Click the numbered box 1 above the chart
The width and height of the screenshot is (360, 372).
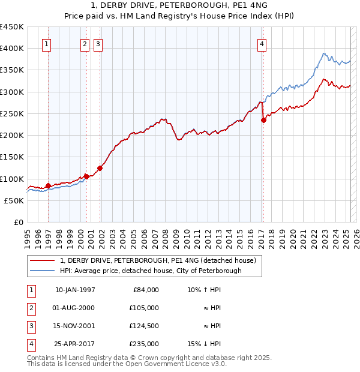(x=47, y=43)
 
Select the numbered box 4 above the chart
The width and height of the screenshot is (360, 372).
(x=262, y=43)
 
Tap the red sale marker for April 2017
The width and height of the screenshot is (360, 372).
(x=263, y=120)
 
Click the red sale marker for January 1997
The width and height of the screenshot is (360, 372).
(x=48, y=186)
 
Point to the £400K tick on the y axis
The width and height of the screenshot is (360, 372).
(x=12, y=49)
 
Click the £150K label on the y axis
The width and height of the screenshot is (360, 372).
(x=12, y=157)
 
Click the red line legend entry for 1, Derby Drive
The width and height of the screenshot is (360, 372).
(x=158, y=260)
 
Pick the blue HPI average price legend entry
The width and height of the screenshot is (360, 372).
(x=150, y=271)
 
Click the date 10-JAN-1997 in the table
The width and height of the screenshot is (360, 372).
(x=75, y=290)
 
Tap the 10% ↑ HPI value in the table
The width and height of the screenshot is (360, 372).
(x=205, y=290)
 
